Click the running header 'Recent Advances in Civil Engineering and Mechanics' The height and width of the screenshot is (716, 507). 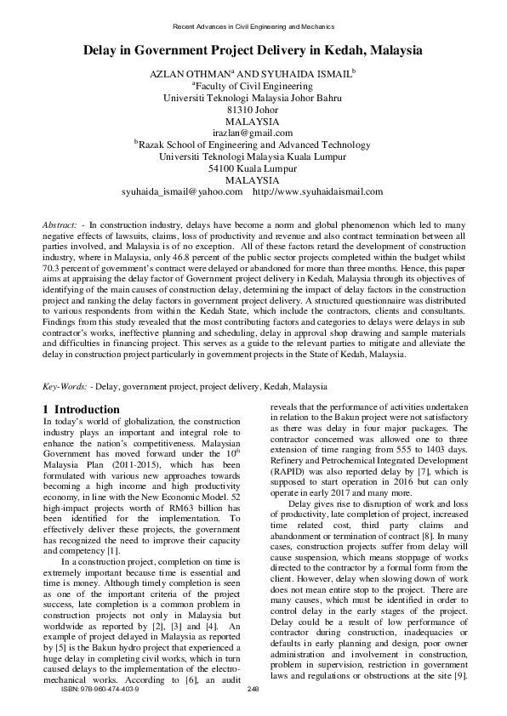point(253,26)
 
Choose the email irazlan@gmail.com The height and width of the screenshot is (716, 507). point(253,133)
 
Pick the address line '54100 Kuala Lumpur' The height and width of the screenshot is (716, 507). point(253,168)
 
